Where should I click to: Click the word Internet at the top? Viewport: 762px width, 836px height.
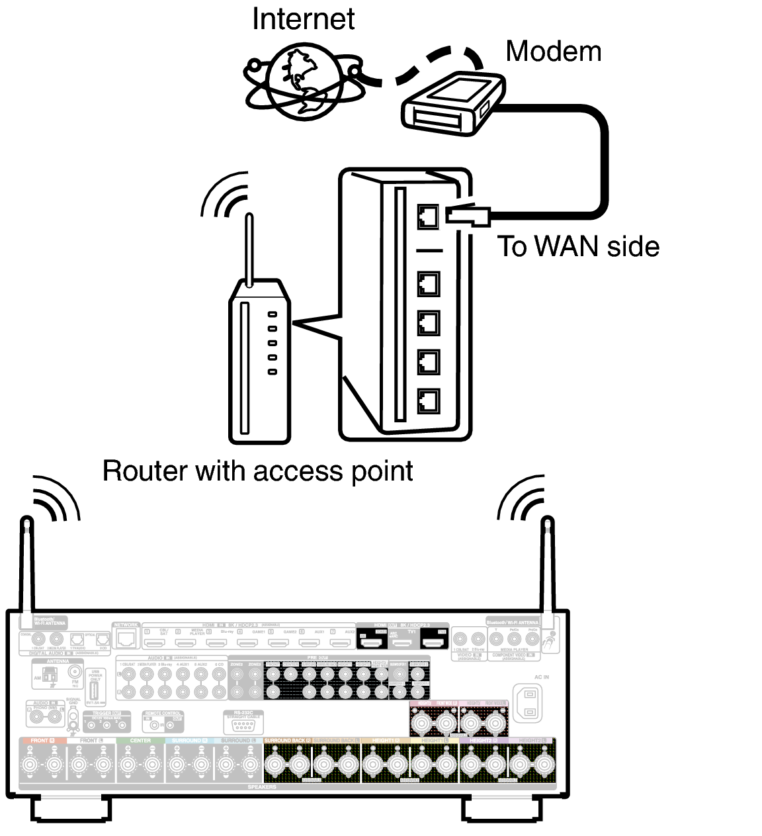click(303, 19)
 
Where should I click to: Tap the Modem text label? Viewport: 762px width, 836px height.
click(553, 52)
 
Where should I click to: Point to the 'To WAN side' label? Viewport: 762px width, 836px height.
click(578, 246)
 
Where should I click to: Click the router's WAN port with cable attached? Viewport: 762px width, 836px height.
click(428, 216)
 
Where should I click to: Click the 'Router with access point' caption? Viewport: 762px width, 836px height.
click(257, 471)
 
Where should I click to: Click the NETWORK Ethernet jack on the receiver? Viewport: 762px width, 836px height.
click(126, 638)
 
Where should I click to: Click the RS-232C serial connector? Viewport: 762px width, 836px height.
click(243, 726)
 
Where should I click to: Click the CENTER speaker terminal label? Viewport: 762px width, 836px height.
click(140, 741)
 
